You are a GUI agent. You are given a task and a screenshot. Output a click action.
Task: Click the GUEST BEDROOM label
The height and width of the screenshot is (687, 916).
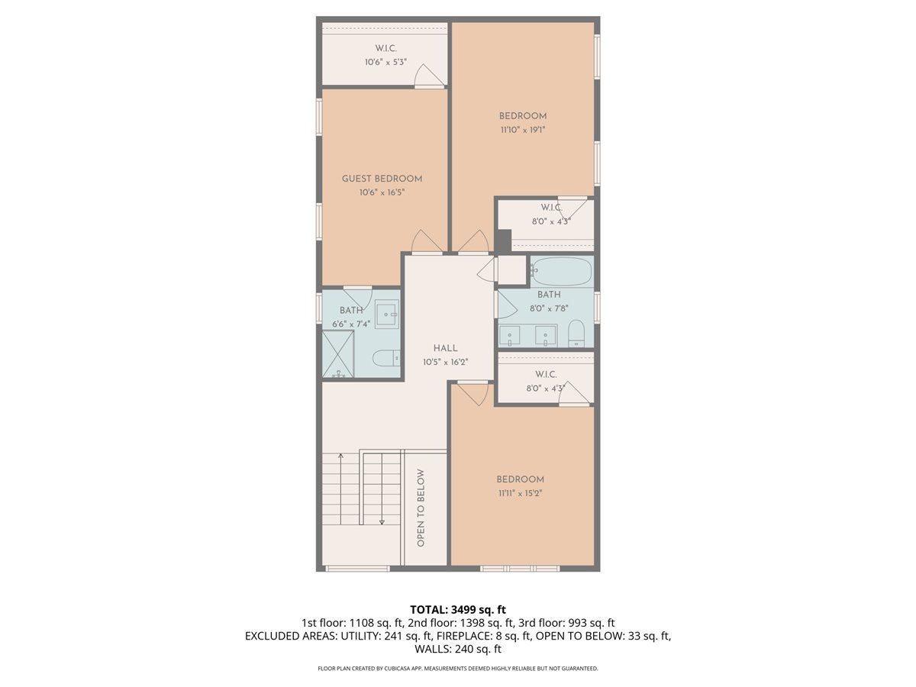382,179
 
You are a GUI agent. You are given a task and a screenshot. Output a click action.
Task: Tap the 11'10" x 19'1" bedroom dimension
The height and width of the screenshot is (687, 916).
523,130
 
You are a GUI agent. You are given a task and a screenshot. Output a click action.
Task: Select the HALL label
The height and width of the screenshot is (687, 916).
445,348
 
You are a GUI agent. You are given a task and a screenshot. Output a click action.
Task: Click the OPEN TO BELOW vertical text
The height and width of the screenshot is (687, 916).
421,508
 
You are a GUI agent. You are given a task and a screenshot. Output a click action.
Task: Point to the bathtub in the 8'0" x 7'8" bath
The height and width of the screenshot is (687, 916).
561,271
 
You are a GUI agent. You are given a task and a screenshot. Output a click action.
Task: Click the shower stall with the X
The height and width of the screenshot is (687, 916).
338,353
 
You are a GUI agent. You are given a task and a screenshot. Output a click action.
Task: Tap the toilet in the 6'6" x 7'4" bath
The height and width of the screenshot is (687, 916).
386,358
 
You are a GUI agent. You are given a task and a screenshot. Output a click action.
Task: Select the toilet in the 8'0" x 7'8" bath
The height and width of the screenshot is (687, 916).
577,333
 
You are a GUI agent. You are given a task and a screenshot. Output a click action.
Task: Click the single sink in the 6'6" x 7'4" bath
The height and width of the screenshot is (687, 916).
386,314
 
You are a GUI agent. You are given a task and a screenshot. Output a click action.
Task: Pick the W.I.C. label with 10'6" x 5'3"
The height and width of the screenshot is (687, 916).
385,48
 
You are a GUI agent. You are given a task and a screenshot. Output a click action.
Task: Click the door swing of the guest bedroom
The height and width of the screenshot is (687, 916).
427,241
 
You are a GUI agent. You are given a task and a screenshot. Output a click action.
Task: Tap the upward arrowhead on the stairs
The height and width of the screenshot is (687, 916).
341,456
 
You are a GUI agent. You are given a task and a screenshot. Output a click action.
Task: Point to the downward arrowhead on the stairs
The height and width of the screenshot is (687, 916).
382,522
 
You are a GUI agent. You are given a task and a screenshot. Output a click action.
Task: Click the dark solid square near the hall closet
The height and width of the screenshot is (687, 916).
503,240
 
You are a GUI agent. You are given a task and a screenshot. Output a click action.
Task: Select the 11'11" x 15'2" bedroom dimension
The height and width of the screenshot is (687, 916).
520,493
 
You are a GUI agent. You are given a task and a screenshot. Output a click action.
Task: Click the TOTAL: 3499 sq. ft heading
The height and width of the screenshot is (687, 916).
458,609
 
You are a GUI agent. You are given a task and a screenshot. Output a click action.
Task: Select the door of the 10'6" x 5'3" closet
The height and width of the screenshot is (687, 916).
429,76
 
